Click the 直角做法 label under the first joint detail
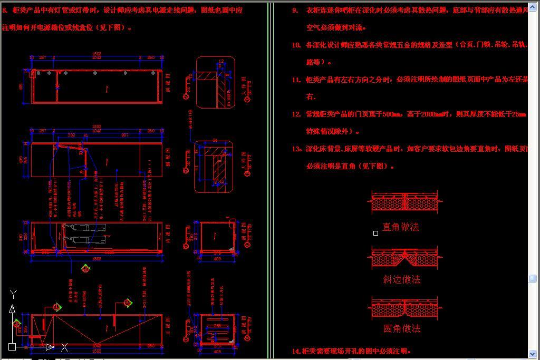coord(400,227)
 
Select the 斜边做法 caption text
coord(402,279)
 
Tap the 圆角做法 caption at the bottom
coord(402,328)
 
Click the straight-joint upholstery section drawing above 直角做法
coord(406,203)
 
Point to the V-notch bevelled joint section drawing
coord(406,258)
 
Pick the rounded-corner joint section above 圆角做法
coord(406,308)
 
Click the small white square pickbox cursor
coord(375,233)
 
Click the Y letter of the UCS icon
coord(14,294)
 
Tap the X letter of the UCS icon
coord(64,347)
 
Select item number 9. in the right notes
coord(295,10)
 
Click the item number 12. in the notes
coord(296,114)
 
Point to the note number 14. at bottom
coord(296,351)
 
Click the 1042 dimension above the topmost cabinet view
coord(97,57)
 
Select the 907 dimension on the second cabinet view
coord(124,135)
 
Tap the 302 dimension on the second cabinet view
coord(71,135)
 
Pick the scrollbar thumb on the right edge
coord(533,278)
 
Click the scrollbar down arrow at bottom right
coord(533,354)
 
